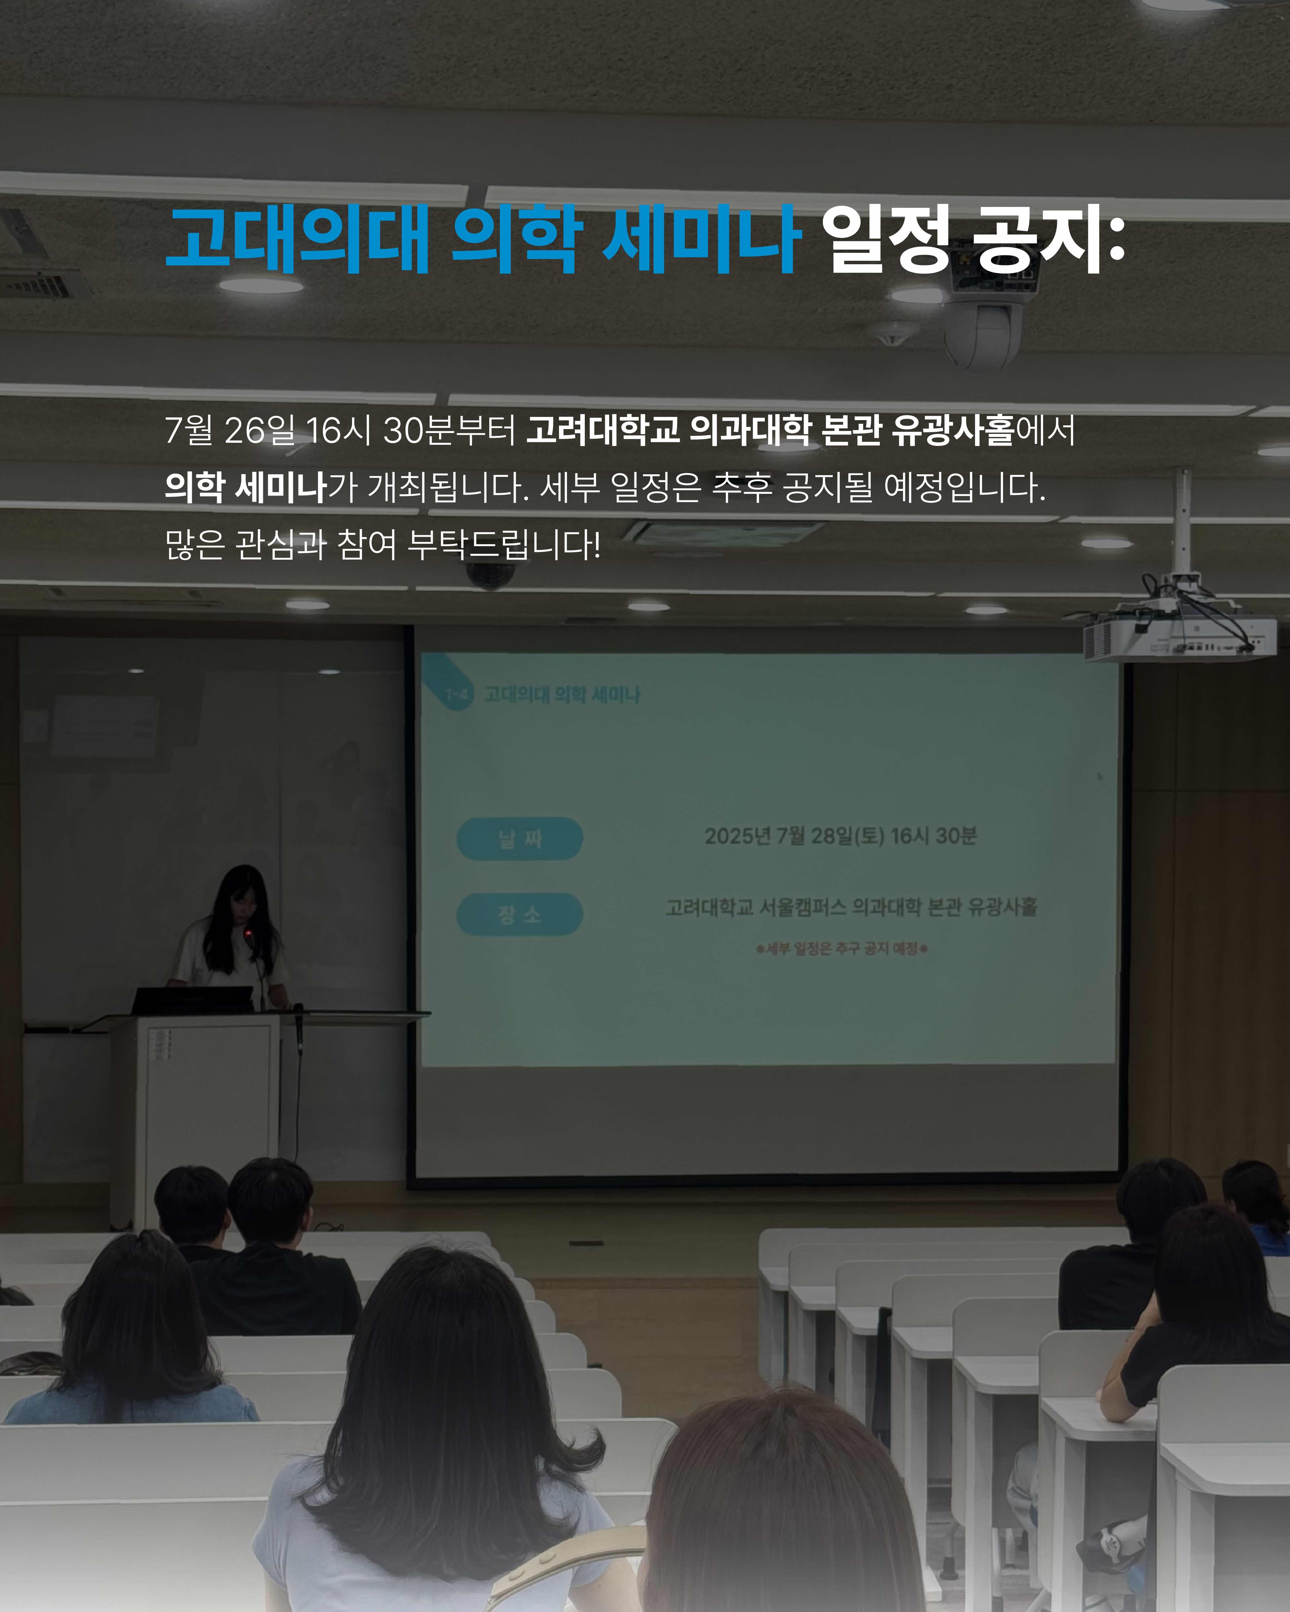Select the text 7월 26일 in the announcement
tap(230, 430)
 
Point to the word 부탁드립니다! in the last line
tap(504, 544)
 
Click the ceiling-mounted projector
tap(1179, 636)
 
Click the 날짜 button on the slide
tap(520, 838)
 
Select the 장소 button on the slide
tap(520, 914)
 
